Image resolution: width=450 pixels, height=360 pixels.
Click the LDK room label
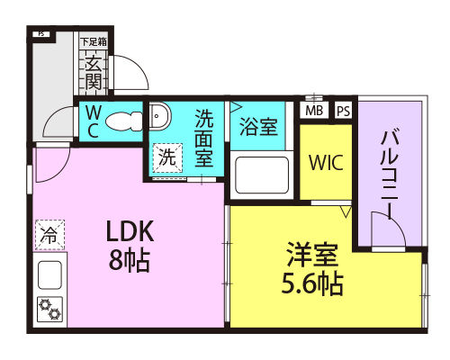[130, 231]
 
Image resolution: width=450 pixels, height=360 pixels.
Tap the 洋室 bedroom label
[312, 255]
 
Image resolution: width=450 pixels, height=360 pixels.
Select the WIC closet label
[326, 163]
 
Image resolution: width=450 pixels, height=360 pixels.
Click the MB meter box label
[314, 111]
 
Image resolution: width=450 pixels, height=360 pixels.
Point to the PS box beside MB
[344, 111]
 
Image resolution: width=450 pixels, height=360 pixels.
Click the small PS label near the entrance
[41, 34]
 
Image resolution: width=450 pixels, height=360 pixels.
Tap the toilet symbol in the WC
[123, 121]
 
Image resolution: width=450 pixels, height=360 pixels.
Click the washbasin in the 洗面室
[159, 115]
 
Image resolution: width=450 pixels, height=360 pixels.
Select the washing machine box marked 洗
[167, 157]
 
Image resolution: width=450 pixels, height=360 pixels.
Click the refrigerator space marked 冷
[49, 235]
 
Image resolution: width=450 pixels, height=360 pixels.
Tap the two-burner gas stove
[50, 310]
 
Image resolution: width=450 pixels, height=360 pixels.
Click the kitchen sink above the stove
[50, 275]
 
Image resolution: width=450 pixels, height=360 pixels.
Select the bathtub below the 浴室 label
[262, 175]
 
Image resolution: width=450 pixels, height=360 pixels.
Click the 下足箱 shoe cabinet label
[94, 41]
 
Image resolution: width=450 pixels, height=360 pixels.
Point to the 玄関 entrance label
[93, 73]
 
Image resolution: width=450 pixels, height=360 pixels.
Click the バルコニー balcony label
[390, 175]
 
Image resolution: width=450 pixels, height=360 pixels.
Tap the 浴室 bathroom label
[258, 127]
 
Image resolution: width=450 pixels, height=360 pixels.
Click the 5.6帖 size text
[312, 283]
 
